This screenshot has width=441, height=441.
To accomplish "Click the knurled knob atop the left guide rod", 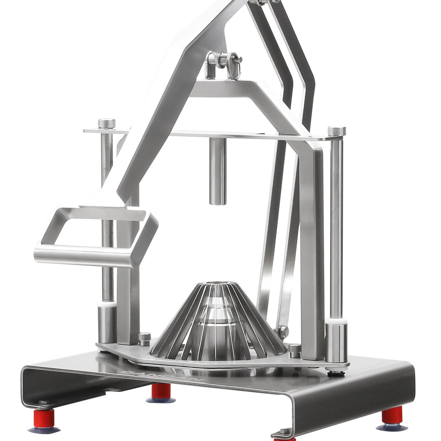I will click(x=107, y=123).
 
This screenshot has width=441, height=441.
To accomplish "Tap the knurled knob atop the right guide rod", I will click(x=336, y=131).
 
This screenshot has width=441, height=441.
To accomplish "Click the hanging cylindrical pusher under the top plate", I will click(x=218, y=171).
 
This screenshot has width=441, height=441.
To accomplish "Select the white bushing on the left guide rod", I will click(x=107, y=305).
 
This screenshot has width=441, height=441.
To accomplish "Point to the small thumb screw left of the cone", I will click(x=145, y=338).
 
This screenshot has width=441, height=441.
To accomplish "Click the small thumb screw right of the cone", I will click(x=295, y=350).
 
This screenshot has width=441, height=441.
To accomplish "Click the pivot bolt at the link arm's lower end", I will click(x=282, y=331).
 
